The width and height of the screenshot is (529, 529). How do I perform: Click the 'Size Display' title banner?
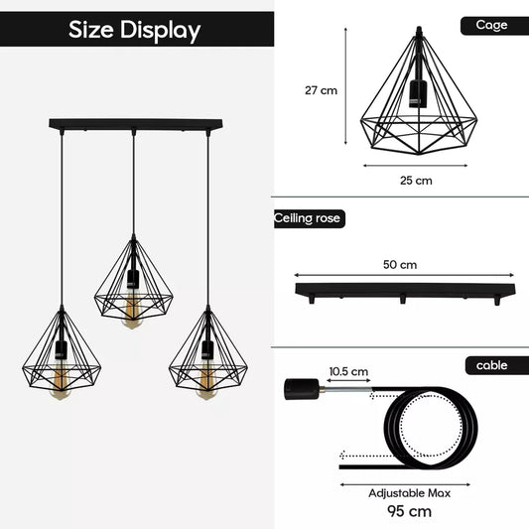tap(134, 30)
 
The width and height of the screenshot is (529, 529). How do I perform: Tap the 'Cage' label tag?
tap(491, 25)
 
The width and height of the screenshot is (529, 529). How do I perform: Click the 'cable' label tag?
tap(491, 365)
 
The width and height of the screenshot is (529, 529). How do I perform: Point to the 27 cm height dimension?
tap(321, 90)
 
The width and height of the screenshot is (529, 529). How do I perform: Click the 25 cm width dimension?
tap(416, 181)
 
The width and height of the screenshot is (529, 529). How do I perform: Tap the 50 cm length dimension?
tap(400, 265)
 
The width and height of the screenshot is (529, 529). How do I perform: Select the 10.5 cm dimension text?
tap(348, 372)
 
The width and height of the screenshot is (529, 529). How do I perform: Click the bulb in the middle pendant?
tap(132, 314)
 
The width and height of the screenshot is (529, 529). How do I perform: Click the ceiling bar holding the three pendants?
tap(135, 125)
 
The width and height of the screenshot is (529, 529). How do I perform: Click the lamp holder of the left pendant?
tap(62, 350)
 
